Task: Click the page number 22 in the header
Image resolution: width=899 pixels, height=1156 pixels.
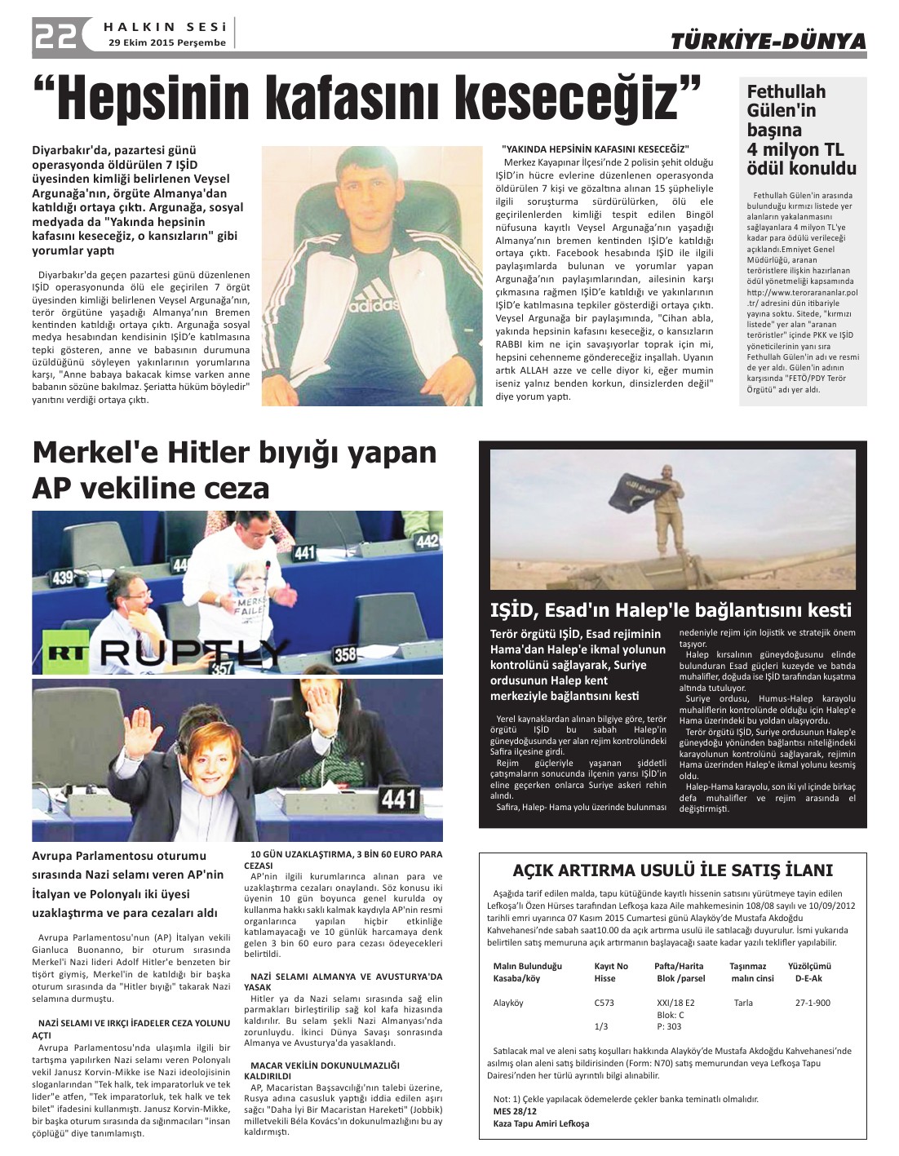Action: point(55,35)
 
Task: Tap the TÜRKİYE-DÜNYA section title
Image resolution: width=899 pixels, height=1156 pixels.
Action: point(768,41)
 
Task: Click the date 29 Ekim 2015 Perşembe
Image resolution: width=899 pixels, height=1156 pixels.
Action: point(166,42)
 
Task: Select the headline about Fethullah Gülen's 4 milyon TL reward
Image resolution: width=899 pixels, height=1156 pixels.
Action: point(801,131)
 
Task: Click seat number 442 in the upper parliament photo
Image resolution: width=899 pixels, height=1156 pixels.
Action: point(427,541)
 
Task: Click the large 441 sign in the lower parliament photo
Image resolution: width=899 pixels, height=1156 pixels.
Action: point(399,796)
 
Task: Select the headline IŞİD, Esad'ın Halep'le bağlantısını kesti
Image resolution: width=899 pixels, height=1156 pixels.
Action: point(671,610)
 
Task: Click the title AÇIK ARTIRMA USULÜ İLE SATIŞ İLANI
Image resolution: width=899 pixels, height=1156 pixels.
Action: point(672,870)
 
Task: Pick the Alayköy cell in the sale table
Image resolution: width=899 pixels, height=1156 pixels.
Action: point(508,1003)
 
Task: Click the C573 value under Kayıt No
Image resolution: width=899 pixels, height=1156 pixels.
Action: point(604,1003)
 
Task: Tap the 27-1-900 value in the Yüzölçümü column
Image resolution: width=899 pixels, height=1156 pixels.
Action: point(813,1003)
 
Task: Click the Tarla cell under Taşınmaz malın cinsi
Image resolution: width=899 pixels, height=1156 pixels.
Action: point(742,1003)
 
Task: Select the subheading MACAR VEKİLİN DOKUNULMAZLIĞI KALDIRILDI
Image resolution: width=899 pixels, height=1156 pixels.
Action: point(325,1070)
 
